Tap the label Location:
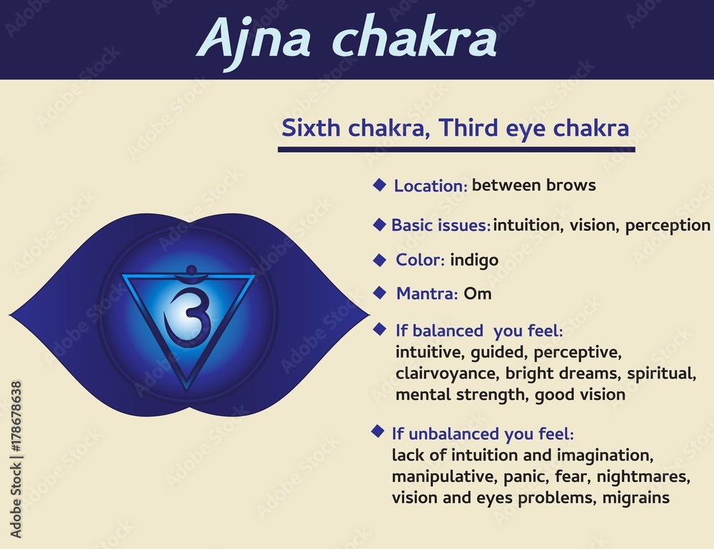[x=431, y=186]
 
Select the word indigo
[x=474, y=260]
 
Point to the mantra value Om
[x=478, y=293]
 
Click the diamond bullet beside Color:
[x=381, y=258]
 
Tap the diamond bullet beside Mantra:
[x=381, y=291]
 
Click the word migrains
[x=636, y=498]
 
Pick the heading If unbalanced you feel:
[x=483, y=433]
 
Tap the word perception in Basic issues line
[x=668, y=226]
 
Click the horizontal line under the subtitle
[x=456, y=149]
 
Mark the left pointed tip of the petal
[x=11, y=314]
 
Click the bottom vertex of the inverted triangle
[x=188, y=390]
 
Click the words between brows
[x=534, y=186]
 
